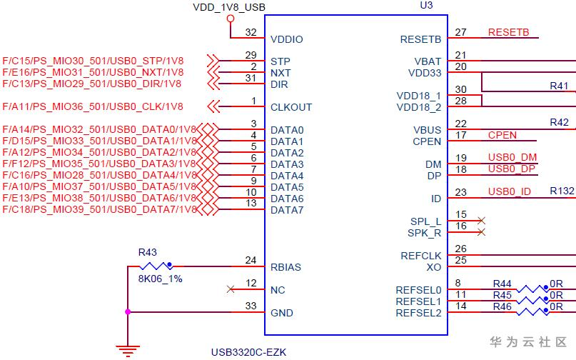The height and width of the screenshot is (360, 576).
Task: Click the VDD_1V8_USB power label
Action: (229, 7)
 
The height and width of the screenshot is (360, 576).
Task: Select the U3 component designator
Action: (426, 5)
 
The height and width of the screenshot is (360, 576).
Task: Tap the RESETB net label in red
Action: (508, 33)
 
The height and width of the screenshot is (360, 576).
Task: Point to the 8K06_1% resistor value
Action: (161, 279)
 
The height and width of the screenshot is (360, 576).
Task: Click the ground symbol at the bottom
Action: (128, 350)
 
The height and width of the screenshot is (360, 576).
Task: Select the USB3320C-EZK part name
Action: (248, 352)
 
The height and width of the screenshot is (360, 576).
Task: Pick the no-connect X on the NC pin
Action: (230, 289)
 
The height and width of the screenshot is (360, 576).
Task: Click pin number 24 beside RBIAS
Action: (250, 261)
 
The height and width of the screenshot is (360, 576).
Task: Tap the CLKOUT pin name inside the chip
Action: (291, 107)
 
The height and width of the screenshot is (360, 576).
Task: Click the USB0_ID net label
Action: (510, 191)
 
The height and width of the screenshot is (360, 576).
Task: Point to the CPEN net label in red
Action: (502, 135)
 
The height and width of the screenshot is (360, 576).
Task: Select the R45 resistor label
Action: (502, 295)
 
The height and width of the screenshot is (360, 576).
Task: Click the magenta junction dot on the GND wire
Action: (128, 312)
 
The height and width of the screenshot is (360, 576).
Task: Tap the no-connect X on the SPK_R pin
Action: (482, 232)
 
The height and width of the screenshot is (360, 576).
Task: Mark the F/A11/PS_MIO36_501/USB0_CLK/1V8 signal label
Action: (93, 107)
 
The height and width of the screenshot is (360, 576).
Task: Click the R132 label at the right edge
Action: (562, 191)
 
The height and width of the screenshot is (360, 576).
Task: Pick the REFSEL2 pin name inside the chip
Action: (419, 313)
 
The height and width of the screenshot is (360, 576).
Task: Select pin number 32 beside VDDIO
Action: (250, 32)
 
